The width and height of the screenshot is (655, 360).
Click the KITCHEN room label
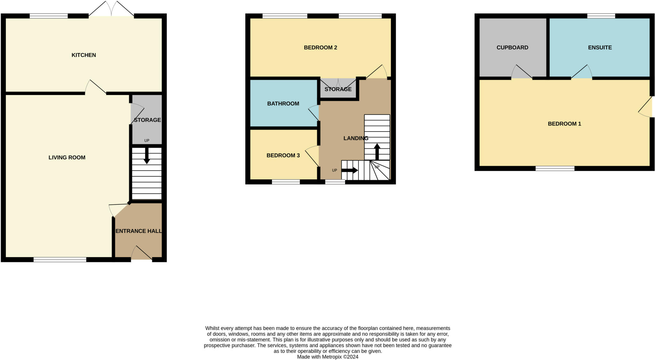tap(83, 55)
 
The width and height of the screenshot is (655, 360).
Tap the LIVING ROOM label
tap(67, 157)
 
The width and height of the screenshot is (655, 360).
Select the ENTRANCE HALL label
tap(138, 231)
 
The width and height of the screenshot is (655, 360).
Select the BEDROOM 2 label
tap(320, 48)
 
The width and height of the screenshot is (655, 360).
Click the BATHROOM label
tap(283, 104)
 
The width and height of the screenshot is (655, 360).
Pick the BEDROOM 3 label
tap(283, 156)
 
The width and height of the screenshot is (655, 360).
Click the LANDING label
tap(356, 138)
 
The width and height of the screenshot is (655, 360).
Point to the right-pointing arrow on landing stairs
tap(350, 170)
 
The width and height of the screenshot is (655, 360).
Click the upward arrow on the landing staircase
tap(377, 152)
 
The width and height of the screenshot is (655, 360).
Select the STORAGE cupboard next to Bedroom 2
tap(338, 89)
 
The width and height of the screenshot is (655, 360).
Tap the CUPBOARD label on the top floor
tap(512, 48)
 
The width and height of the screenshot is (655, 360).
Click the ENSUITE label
tap(600, 48)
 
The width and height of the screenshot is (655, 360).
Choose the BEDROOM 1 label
tap(564, 124)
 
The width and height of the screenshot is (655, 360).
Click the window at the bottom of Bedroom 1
tap(555, 168)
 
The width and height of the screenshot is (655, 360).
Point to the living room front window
tap(60, 260)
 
